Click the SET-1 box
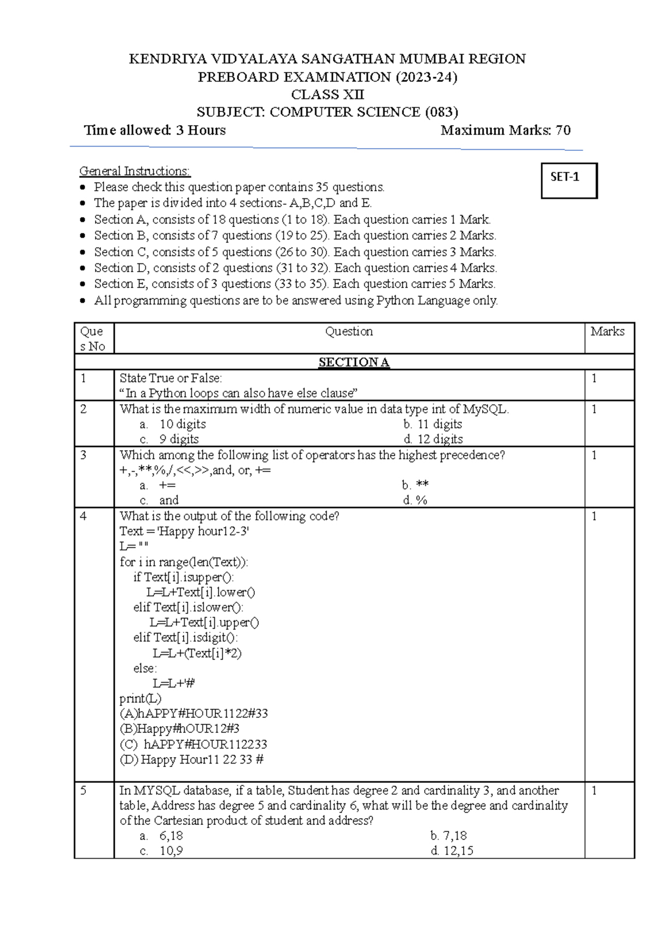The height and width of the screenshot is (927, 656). (x=569, y=180)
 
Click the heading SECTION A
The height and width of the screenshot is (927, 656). (x=354, y=362)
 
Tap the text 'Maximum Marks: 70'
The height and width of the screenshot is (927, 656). (x=506, y=130)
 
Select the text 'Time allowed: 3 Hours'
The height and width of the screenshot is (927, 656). (x=155, y=130)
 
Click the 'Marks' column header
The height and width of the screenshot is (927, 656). (x=607, y=331)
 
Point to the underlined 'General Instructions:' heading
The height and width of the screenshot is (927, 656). (x=135, y=171)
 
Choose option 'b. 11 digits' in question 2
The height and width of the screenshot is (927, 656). (x=432, y=424)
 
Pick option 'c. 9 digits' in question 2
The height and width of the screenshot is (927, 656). (x=169, y=439)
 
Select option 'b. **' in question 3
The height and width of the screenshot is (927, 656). (x=415, y=485)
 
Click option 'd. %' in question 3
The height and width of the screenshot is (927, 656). (x=415, y=500)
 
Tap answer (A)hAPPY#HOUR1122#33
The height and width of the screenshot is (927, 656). (x=194, y=713)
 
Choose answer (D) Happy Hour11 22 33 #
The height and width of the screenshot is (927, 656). (x=191, y=759)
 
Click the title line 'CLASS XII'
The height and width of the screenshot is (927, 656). (x=327, y=94)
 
